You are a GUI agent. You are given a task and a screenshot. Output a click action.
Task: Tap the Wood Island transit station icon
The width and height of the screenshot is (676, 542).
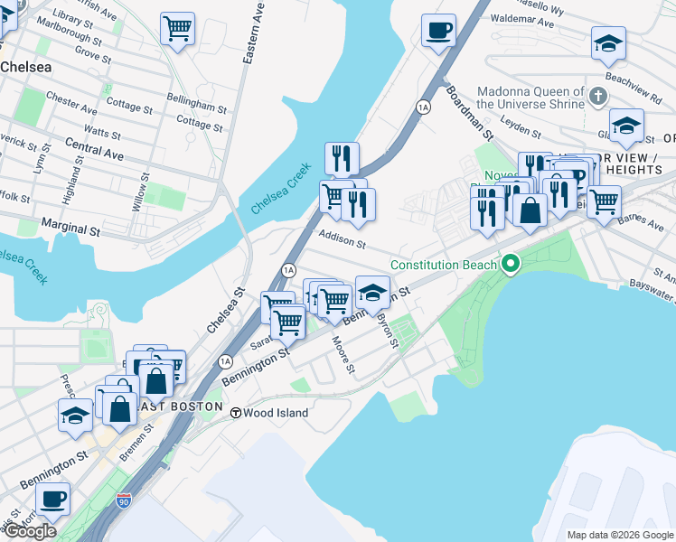235,413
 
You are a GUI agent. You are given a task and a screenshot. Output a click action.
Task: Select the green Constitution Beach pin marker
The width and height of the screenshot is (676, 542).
511,265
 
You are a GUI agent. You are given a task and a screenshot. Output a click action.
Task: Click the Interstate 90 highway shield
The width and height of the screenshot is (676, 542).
124,500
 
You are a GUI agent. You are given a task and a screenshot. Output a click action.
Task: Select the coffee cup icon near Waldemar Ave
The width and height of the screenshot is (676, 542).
438,30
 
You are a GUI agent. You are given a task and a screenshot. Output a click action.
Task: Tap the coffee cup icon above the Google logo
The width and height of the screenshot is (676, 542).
53,498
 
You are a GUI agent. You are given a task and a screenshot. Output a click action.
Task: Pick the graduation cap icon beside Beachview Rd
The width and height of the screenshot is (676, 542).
608,42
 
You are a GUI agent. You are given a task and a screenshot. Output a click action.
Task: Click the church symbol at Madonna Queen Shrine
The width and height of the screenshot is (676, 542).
596,94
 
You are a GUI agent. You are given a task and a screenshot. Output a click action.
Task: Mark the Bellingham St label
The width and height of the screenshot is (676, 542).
196,107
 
